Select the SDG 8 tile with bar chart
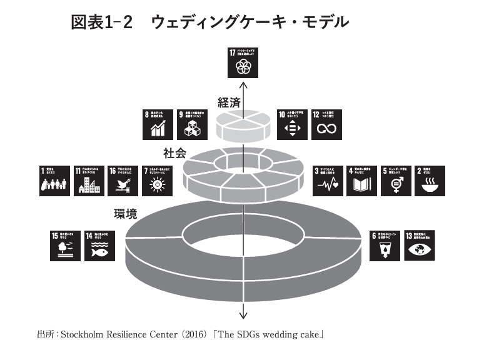coord(159,124)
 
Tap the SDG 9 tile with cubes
coord(192,124)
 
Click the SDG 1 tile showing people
coord(54,181)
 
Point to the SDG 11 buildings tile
coord(88,181)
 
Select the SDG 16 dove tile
coord(122,181)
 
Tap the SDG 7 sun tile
coord(156,181)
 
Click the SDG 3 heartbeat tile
coord(328,181)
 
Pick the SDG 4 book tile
coord(362,181)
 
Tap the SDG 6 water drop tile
coord(386,244)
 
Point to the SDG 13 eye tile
coord(420,244)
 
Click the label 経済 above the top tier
coord(228,102)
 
